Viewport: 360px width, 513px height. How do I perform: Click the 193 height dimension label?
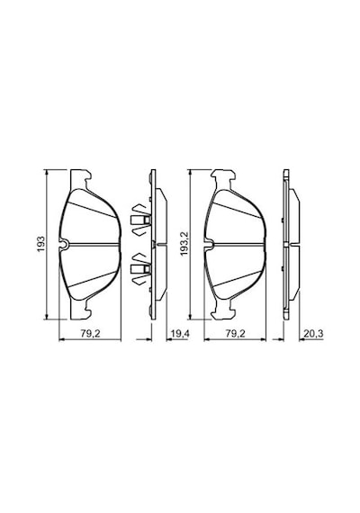tap(40, 244)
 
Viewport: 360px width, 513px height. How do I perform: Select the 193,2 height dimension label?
tap(184, 244)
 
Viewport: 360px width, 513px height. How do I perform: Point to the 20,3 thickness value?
tap(313, 333)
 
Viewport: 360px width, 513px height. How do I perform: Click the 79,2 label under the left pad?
tap(90, 333)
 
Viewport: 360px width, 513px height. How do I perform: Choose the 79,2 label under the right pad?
tap(235, 333)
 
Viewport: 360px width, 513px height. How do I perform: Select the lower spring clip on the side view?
tap(140, 268)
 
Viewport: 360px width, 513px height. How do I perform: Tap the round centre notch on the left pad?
tap(64, 244)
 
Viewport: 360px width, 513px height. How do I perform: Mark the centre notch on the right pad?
tap(209, 244)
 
